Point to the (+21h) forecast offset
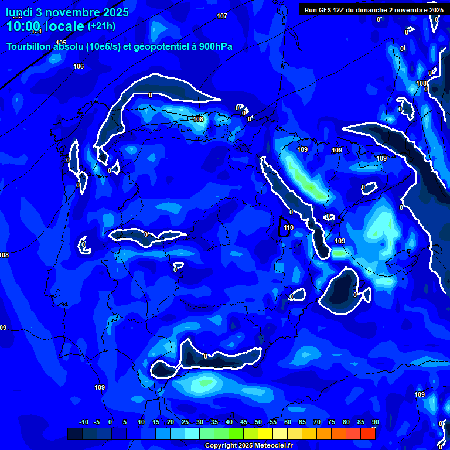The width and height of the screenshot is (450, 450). (101, 26)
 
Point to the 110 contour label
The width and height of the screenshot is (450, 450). (288, 227)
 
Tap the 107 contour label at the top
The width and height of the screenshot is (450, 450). (222, 16)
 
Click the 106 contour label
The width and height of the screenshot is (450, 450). (79, 66)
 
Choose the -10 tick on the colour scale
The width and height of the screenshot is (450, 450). (83, 422)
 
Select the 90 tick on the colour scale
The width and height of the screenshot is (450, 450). (375, 422)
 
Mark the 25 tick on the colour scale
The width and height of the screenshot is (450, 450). (185, 422)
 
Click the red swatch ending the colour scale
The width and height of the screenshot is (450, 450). (368, 434)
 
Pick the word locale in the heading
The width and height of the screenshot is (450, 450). (64, 26)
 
